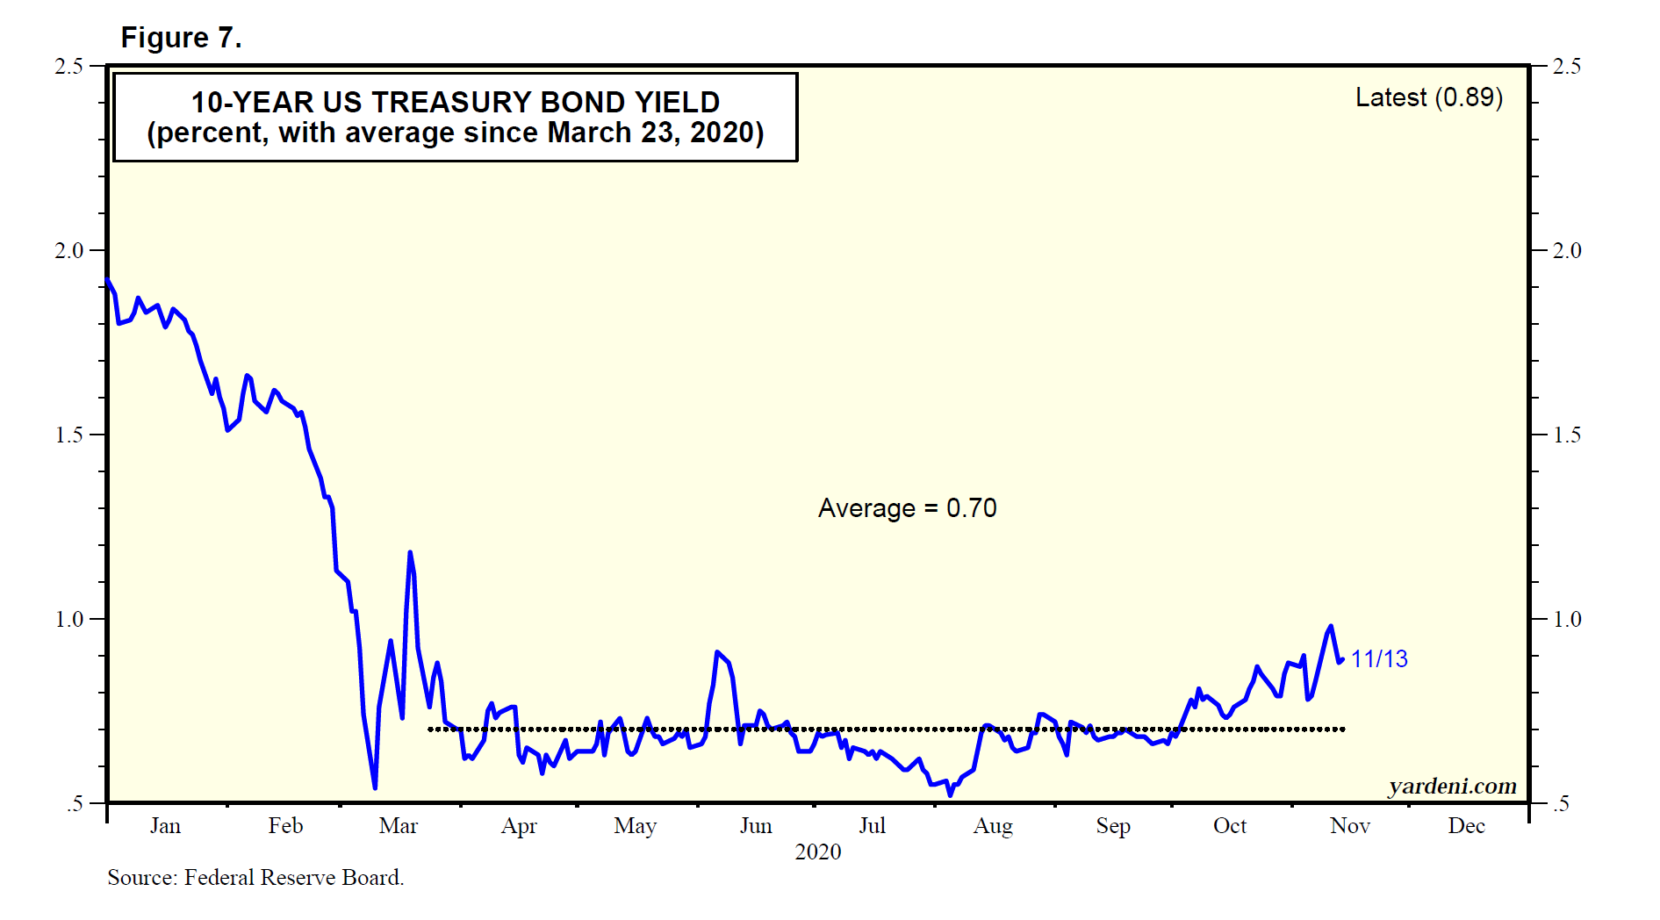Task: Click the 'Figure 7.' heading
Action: pos(181,38)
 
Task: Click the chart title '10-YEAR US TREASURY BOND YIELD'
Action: pos(456,103)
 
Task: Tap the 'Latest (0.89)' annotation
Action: pos(1428,97)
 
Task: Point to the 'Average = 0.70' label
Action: pos(907,508)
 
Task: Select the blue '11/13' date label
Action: pos(1378,659)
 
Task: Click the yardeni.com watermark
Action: pos(1452,786)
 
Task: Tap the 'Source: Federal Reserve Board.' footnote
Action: pos(255,877)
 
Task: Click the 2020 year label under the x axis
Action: pos(817,852)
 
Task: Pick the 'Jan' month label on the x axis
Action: pos(165,826)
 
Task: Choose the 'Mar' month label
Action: pos(399,826)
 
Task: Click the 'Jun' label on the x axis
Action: pos(756,826)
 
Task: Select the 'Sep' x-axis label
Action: pos(1113,826)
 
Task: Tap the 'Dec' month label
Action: pos(1466,826)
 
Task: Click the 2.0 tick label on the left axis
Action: pos(69,251)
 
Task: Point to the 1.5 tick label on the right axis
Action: pos(1566,435)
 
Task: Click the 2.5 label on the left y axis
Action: pos(69,67)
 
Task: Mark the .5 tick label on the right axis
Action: pos(1560,804)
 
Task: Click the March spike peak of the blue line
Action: pos(410,552)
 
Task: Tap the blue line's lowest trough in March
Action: pos(375,787)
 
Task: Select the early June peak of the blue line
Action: pos(717,652)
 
